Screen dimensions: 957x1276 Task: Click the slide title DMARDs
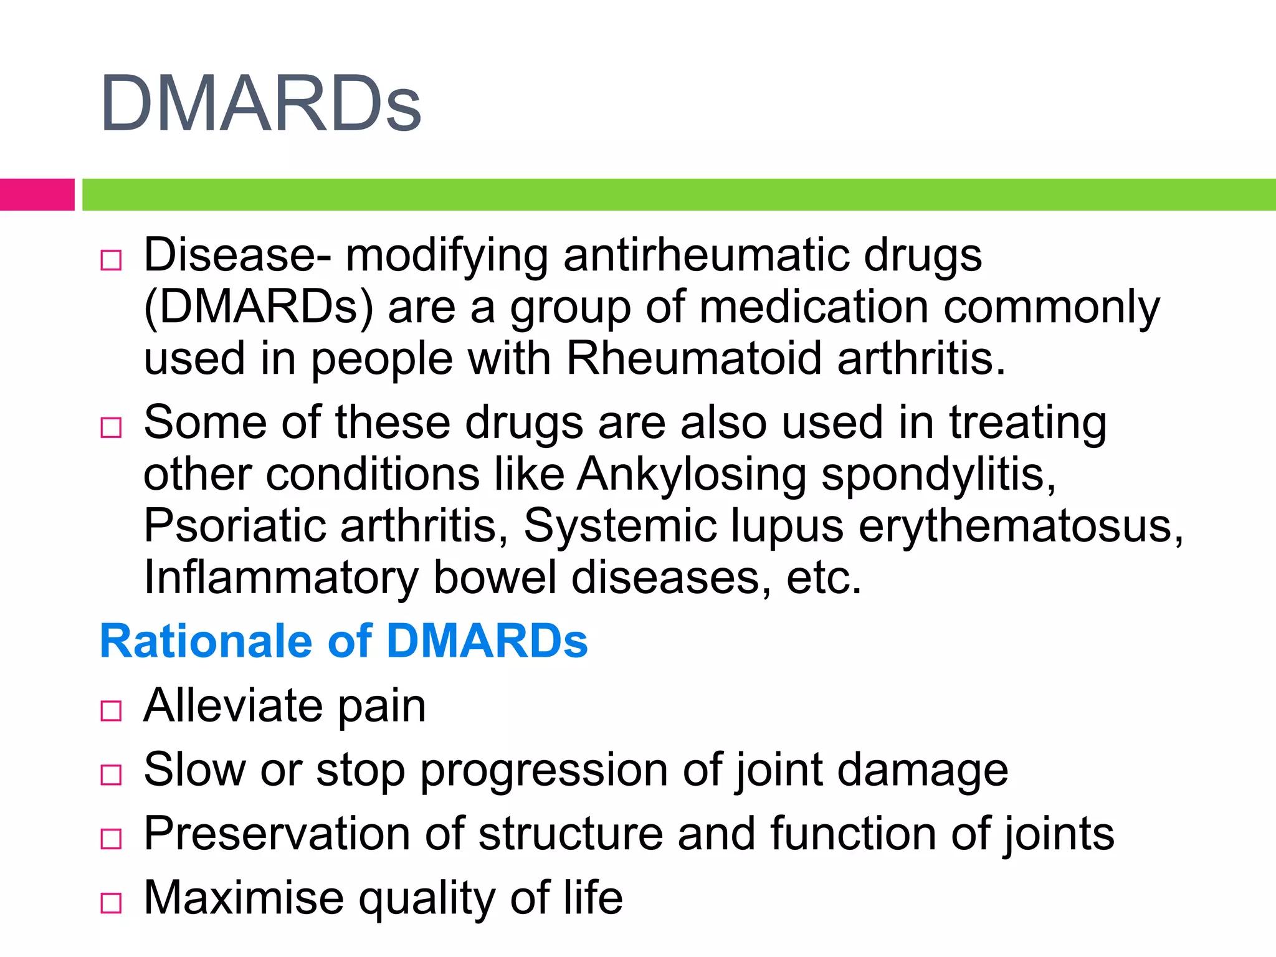(260, 103)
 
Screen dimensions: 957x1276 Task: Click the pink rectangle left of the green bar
(37, 194)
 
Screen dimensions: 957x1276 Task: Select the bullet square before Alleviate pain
(111, 710)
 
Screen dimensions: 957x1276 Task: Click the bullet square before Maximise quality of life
(111, 903)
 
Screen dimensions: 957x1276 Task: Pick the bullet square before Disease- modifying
(111, 260)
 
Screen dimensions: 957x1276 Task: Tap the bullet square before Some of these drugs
(111, 427)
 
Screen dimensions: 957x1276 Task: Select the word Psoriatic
(234, 526)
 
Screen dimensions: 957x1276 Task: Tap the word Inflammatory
(280, 578)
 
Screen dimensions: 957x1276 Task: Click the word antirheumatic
(705, 255)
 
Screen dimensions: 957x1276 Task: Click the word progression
(544, 771)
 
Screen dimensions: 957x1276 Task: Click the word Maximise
(244, 898)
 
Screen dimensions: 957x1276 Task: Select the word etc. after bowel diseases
(824, 578)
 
